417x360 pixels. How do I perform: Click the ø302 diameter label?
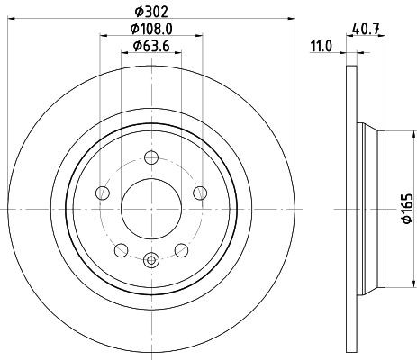point(150,11)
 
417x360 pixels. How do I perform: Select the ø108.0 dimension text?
point(150,29)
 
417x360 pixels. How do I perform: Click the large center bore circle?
point(150,206)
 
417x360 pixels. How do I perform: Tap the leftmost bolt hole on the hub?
point(104,192)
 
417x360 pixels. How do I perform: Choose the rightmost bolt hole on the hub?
point(197,192)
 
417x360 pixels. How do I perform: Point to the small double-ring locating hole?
point(150,261)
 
